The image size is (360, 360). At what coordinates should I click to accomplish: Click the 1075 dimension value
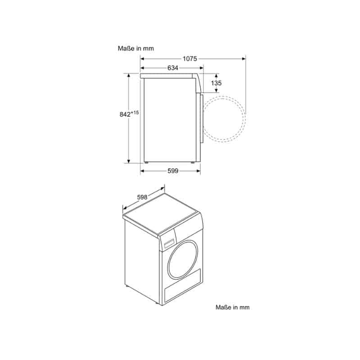click(190, 59)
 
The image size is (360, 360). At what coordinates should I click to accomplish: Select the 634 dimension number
click(173, 68)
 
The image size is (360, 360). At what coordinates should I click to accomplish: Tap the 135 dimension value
click(216, 83)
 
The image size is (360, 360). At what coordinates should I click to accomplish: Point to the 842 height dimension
click(125, 114)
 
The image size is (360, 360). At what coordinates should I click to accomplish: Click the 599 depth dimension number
click(173, 171)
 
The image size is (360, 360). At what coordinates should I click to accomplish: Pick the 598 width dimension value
click(142, 197)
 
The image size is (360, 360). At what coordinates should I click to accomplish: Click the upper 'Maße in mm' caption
click(136, 49)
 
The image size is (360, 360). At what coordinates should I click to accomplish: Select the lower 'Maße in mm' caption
click(232, 307)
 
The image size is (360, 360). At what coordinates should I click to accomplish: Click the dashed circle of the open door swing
click(245, 119)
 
